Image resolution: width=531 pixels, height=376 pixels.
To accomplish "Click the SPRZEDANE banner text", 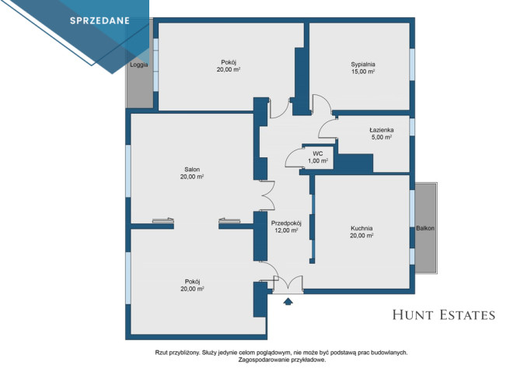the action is pos(100,21).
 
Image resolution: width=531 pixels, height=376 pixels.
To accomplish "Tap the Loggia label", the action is pos(139,65).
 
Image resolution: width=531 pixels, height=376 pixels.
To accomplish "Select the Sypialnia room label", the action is pos(363,64).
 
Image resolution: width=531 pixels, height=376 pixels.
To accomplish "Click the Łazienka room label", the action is pos(381,130).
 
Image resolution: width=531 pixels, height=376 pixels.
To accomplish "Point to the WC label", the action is pos(318,153).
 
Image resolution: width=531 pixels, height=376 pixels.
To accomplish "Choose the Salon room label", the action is pos(192,169).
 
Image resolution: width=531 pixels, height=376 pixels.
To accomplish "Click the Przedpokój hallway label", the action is pos(286,223).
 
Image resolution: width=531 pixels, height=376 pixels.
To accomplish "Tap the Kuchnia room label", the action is pos(362,228).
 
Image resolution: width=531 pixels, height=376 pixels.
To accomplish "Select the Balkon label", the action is pos(425,228).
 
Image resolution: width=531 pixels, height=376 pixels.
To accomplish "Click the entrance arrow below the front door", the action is pos(288,301).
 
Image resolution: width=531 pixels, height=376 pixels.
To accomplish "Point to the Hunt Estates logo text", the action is pos(444,315).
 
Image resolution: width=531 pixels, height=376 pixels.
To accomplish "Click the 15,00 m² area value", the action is pos(363,72).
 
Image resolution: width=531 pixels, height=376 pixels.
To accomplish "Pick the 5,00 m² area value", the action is pos(382,137).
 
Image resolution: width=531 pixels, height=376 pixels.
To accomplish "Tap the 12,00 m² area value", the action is pos(287,230).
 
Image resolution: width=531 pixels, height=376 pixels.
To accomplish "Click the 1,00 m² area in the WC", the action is pos(318,160).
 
